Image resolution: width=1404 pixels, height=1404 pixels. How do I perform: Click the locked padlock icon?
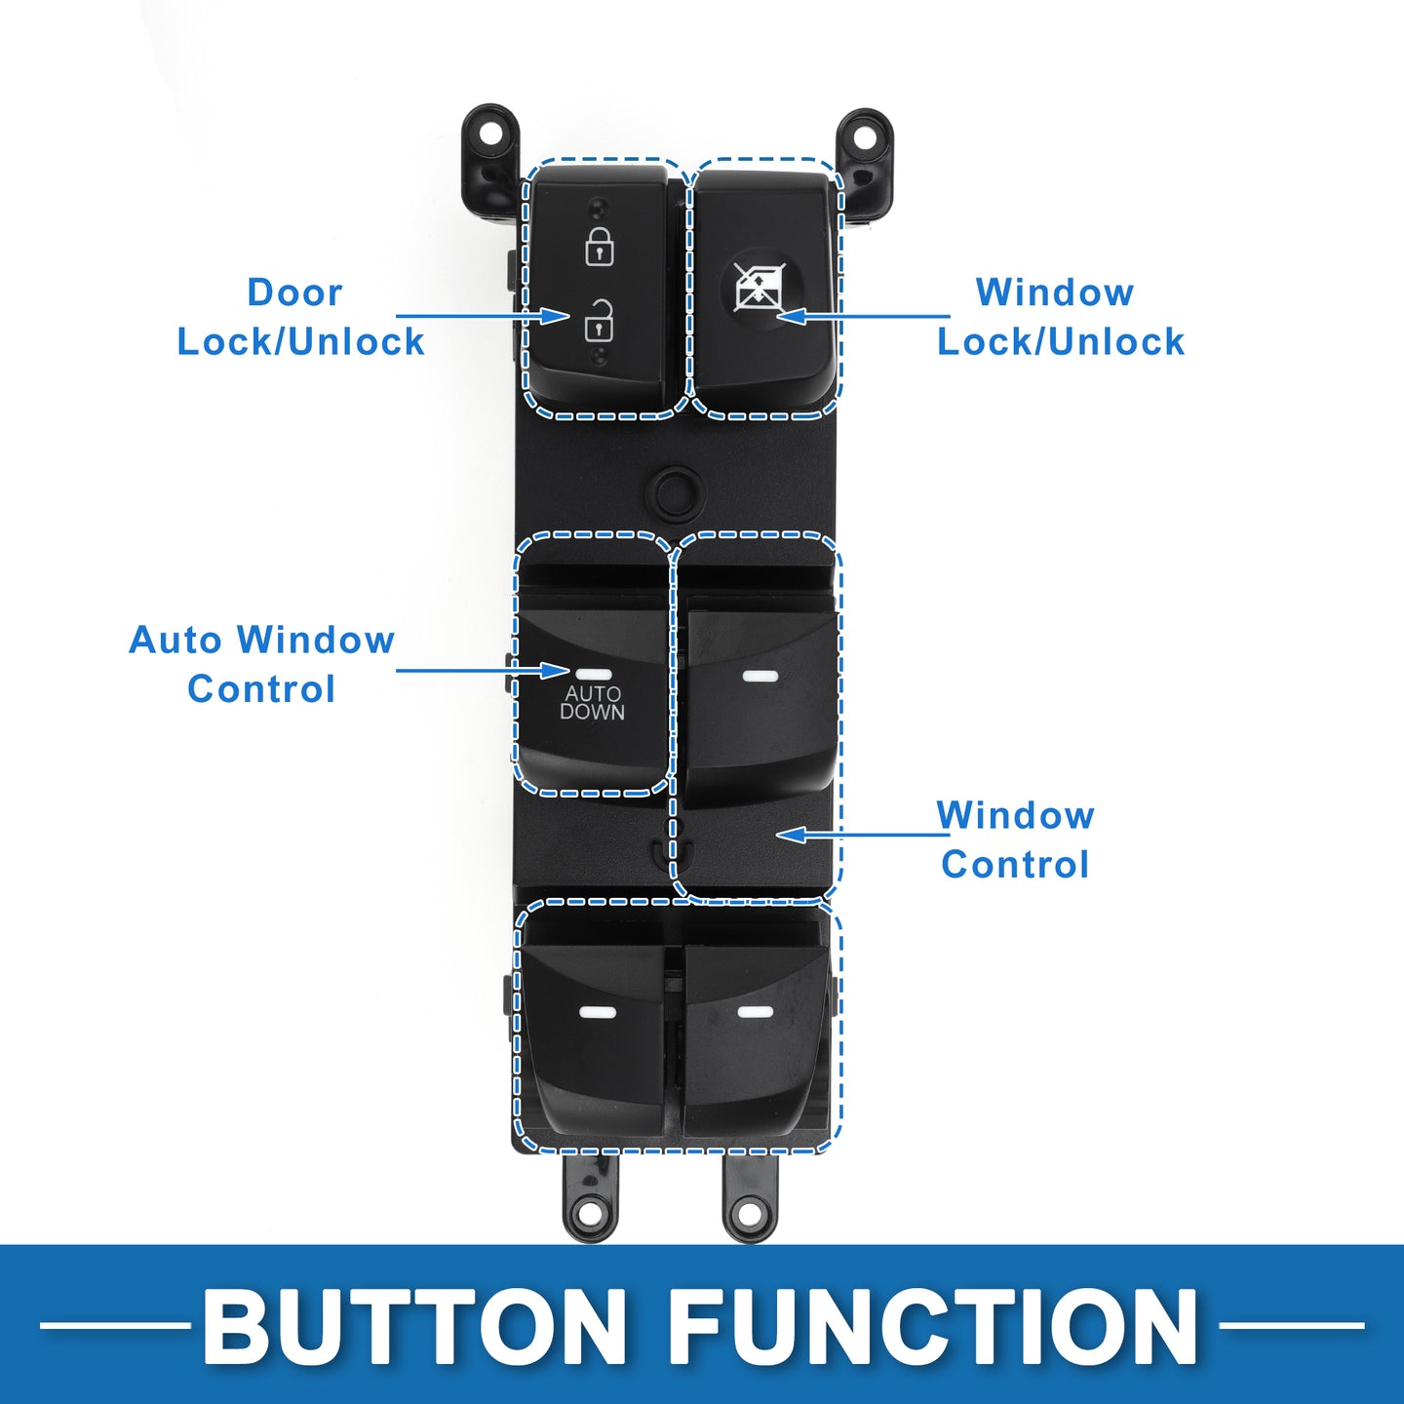tap(599, 247)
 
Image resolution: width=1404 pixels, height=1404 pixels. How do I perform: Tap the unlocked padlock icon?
tap(599, 321)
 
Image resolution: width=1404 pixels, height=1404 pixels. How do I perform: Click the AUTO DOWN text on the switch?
tap(592, 702)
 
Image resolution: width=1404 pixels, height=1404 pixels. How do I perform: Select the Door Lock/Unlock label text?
tap(300, 317)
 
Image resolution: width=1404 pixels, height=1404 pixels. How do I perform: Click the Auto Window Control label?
tap(261, 665)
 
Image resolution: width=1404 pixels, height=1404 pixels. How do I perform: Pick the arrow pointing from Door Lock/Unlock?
tap(483, 316)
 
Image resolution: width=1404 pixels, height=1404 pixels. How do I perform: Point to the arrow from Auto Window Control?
tap(483, 670)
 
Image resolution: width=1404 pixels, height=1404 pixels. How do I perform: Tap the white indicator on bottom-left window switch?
tap(598, 1012)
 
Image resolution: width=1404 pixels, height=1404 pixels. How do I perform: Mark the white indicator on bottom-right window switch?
tap(754, 1011)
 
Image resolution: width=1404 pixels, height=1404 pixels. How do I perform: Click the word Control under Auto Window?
tap(261, 689)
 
